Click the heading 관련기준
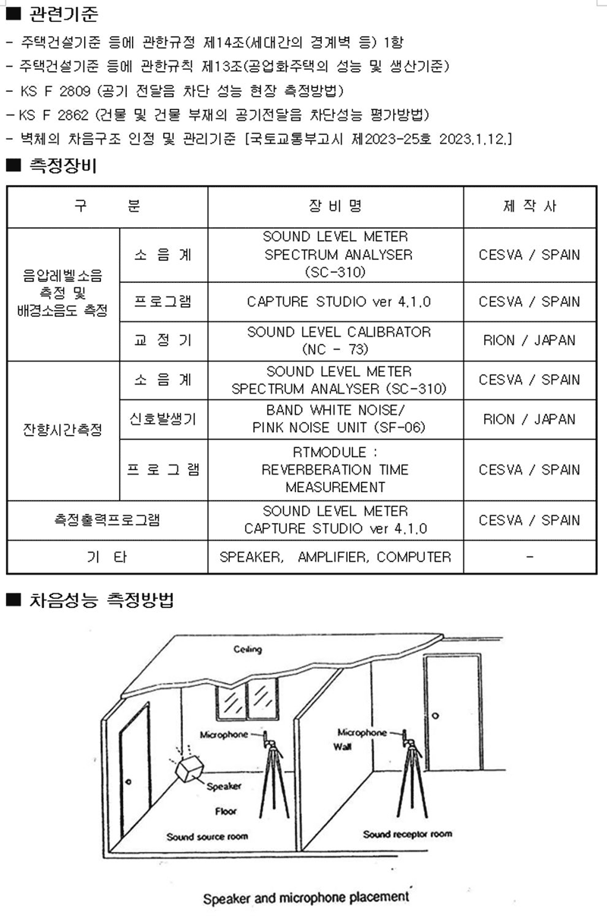point(64,14)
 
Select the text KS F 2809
point(55,90)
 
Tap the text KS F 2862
point(53,114)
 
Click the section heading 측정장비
point(63,165)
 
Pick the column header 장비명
point(335,205)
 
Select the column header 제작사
point(530,205)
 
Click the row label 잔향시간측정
point(62,430)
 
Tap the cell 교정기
point(163,340)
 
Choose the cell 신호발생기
point(163,419)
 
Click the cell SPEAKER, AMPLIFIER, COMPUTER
point(335,556)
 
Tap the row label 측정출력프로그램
point(107,520)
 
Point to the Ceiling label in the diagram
point(247,650)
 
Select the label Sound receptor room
point(407,834)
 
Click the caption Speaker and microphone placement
point(307,898)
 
